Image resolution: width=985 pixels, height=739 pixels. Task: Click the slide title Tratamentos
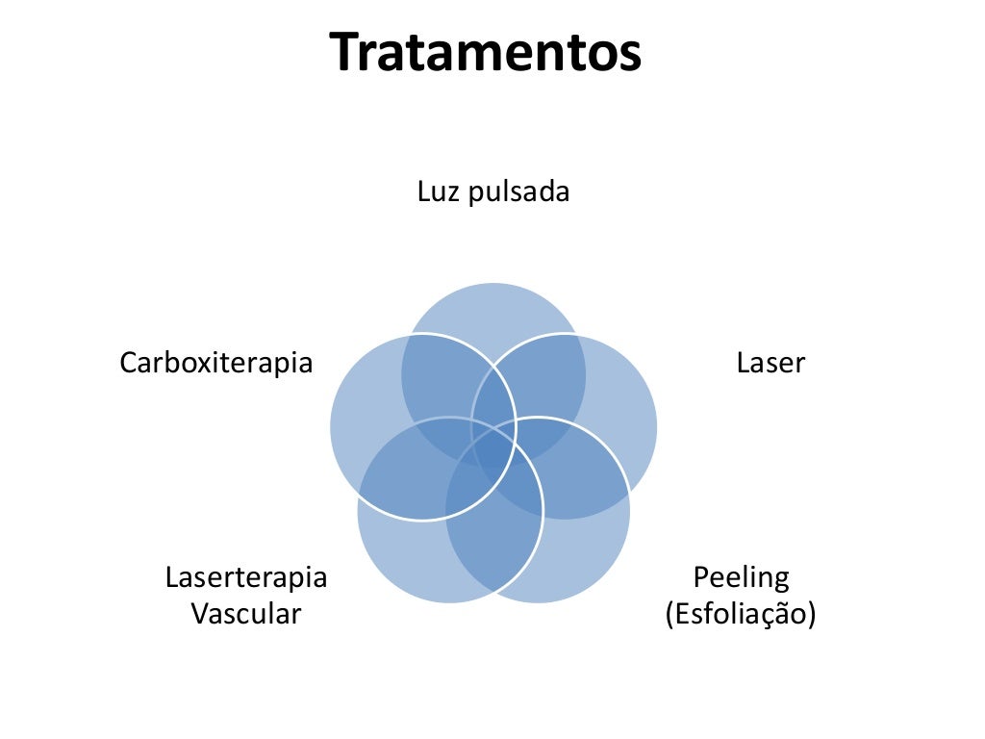tap(486, 53)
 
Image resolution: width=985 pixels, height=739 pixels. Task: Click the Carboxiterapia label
tap(216, 363)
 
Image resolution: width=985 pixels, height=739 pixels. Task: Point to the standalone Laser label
tap(770, 363)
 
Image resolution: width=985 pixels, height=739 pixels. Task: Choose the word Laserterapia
tap(246, 577)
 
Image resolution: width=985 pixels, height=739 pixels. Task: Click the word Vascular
tap(246, 613)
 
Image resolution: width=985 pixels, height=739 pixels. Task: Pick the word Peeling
tap(741, 577)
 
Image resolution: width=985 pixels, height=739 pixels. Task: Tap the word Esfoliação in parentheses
tap(741, 613)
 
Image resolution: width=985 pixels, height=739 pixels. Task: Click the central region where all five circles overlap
tap(493, 443)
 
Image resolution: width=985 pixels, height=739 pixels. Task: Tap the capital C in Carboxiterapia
tap(128, 363)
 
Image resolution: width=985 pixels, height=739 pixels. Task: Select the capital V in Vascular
tap(199, 613)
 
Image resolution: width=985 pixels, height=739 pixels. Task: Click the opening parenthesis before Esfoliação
tap(669, 614)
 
